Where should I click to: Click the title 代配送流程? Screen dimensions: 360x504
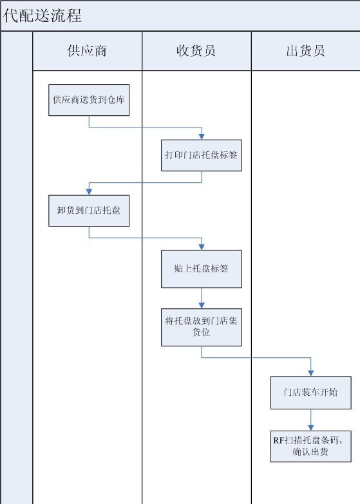tap(42, 15)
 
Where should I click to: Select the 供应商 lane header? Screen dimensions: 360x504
tap(87, 51)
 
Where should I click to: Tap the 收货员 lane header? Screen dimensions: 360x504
tap(196, 51)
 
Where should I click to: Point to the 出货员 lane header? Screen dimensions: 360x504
tap(306, 51)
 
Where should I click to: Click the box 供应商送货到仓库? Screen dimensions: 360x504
tap(89, 100)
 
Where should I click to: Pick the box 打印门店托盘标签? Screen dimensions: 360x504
tap(202, 155)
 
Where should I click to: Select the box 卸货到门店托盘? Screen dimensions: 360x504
tap(89, 210)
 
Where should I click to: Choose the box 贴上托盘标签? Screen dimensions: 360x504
tap(202, 268)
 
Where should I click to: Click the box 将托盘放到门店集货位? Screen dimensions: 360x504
tap(202, 327)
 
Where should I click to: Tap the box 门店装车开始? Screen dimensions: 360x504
tap(311, 393)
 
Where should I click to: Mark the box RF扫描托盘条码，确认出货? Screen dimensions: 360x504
tap(311, 447)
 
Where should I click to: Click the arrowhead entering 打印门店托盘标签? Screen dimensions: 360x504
tap(202, 136)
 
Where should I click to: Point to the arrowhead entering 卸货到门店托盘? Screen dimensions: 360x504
tap(89, 192)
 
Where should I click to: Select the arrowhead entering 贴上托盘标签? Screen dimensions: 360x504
tap(202, 247)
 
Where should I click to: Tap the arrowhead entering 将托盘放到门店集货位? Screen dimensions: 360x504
tap(202, 306)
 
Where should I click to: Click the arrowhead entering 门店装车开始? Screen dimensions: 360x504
tap(311, 373)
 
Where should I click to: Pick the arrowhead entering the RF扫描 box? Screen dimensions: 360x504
tap(311, 428)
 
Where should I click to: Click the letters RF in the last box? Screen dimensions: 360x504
tap(279, 440)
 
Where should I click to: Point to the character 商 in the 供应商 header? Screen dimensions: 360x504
tap(100, 51)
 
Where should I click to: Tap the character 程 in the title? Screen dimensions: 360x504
tap(73, 15)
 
